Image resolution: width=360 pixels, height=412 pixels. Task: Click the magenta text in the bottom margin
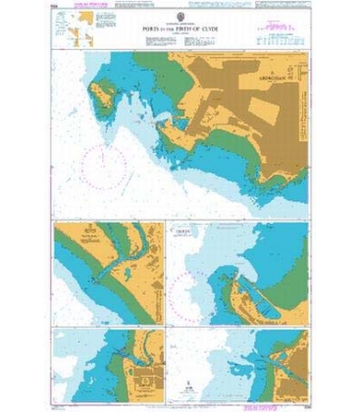pos(180,398)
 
